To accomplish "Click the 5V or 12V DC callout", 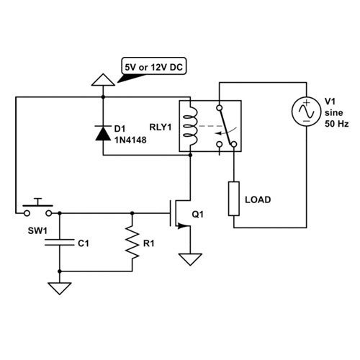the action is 154,66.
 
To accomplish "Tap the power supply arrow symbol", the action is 103,80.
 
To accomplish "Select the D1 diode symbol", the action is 103,133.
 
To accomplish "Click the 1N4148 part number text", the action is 130,140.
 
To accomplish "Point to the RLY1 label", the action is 161,127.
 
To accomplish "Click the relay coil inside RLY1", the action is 191,126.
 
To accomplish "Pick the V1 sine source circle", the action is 307,112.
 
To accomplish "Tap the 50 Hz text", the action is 336,124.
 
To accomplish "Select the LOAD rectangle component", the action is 234,199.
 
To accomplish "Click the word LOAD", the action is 258,199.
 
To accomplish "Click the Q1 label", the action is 197,215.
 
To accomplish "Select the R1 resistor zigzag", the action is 132,242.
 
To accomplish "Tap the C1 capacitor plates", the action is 60,243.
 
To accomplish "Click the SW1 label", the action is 37,231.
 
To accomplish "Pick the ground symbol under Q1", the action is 190,260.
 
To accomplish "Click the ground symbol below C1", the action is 60,289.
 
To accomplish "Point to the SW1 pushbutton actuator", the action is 37,202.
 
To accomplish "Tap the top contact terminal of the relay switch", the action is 219,108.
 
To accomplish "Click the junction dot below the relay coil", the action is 190,156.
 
